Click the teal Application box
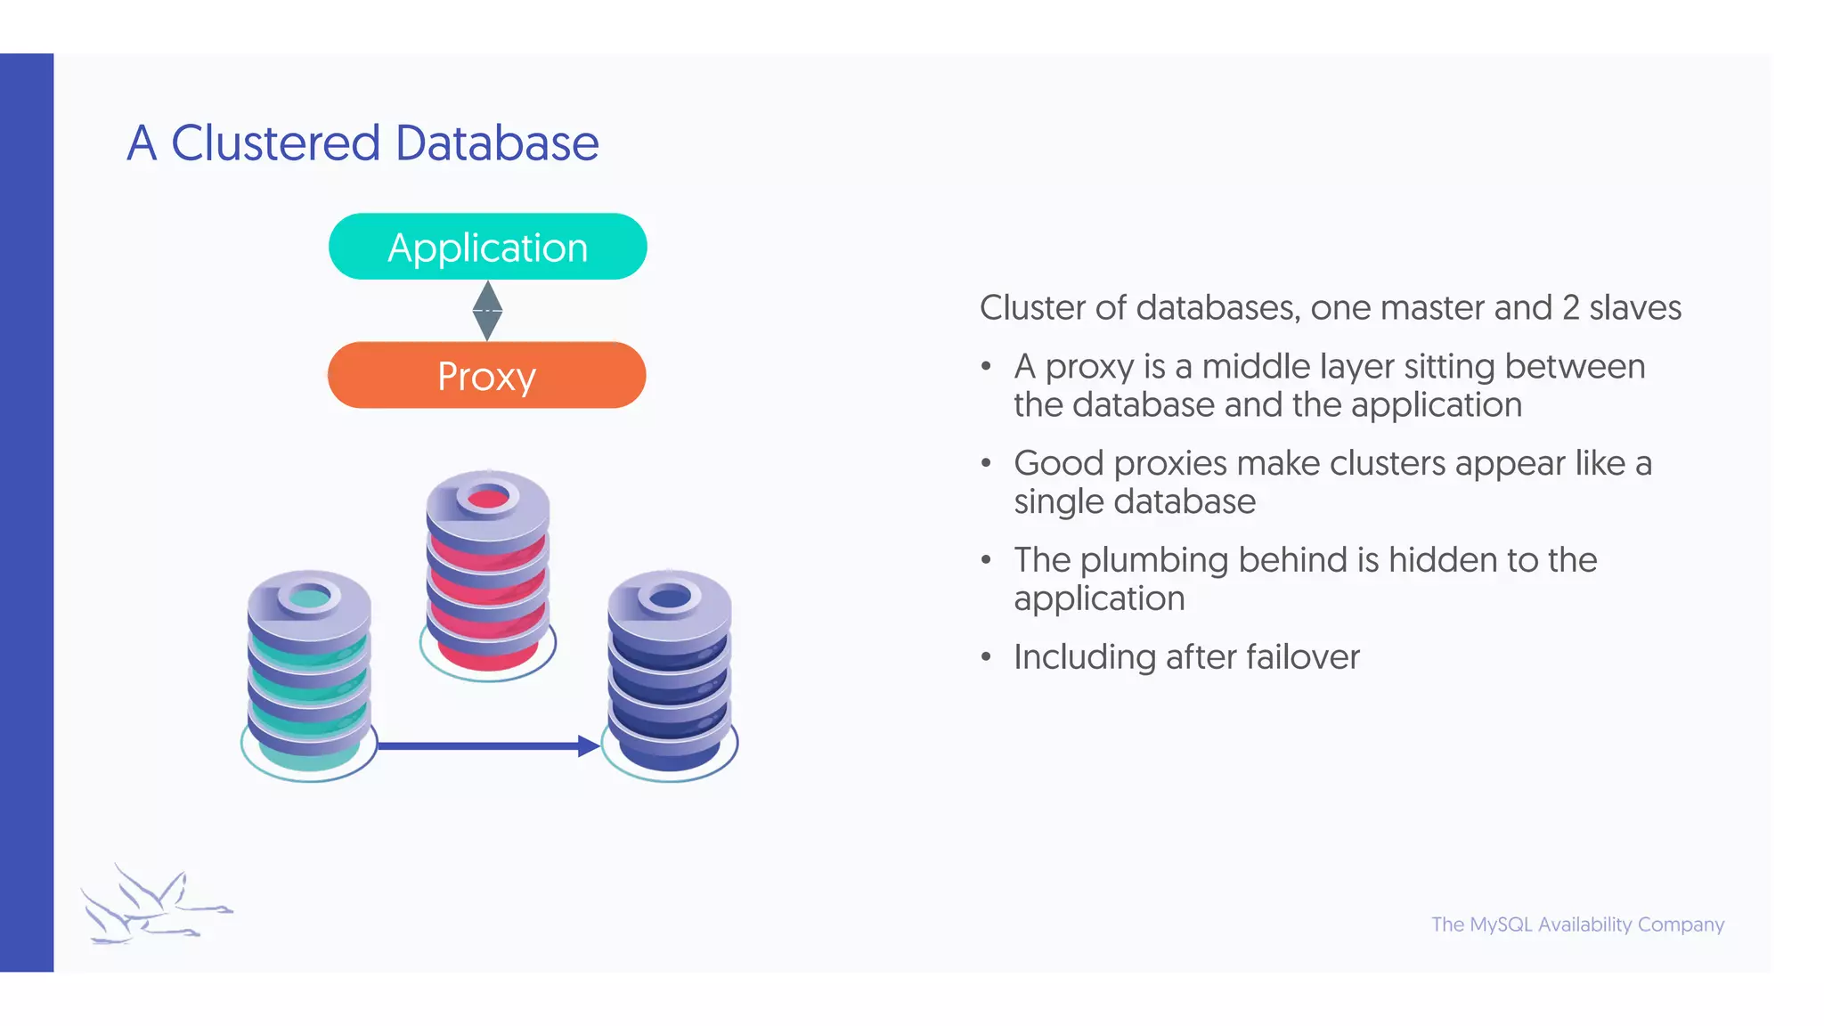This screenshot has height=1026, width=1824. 487,247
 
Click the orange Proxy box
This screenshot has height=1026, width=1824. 486,375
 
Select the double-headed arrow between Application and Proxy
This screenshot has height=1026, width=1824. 487,311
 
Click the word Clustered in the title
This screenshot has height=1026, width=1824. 275,143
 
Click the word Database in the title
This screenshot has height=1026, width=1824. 497,143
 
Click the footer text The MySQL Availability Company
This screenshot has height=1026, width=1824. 1577,924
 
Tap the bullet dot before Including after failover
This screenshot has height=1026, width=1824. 986,657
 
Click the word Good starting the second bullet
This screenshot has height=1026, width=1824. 1058,464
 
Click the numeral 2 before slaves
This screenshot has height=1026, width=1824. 1570,308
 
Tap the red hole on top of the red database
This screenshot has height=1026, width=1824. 488,498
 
